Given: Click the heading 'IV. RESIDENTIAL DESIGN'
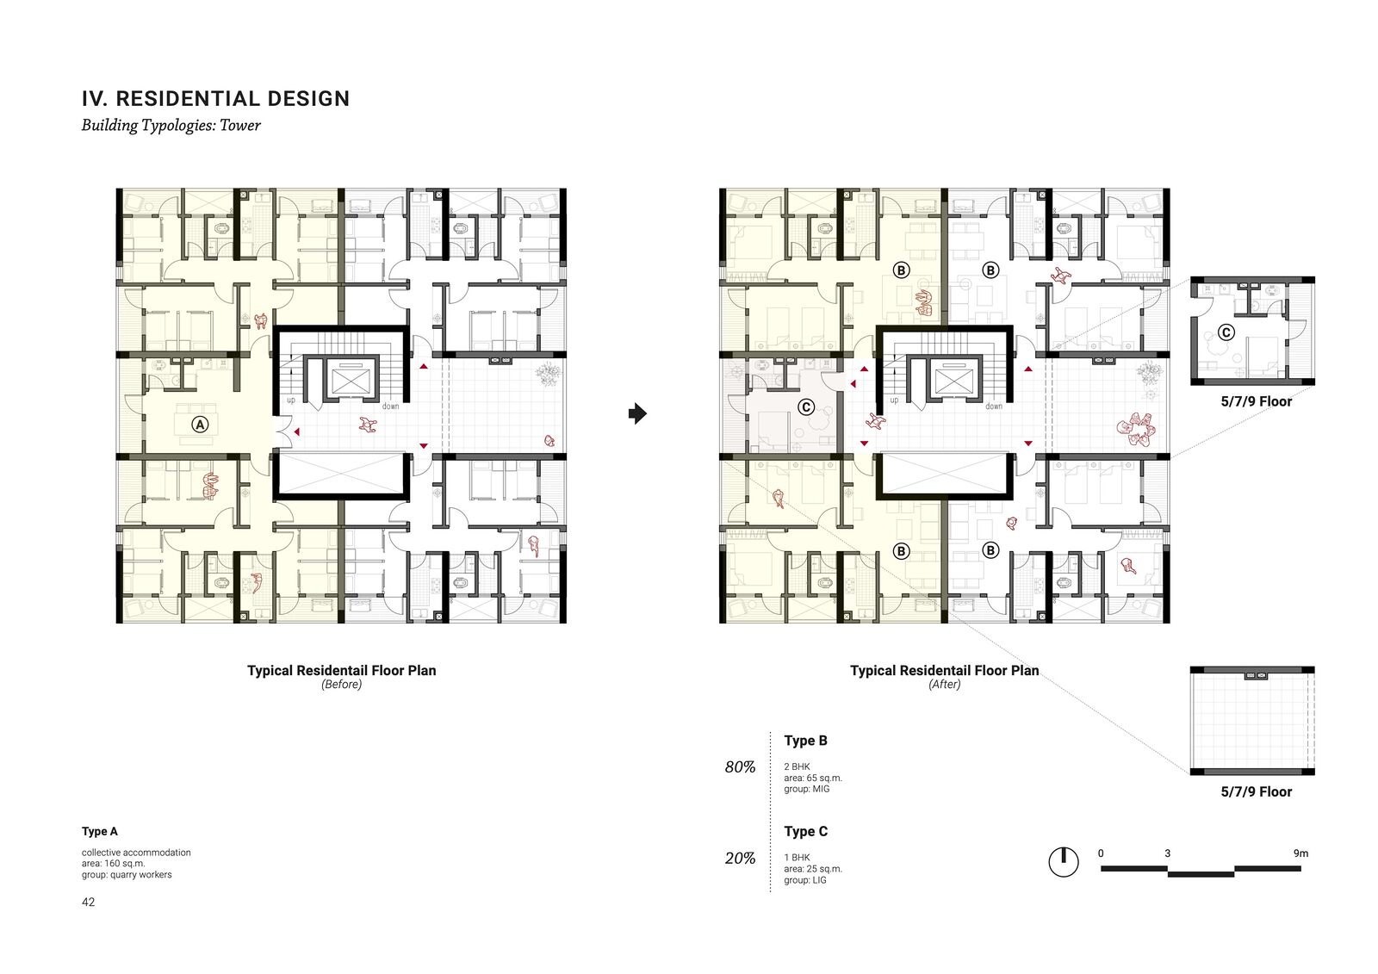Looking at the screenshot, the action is (215, 98).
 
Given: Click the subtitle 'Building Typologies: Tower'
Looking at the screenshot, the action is (171, 126).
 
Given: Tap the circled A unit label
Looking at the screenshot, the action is (200, 424).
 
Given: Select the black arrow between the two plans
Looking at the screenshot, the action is (637, 413).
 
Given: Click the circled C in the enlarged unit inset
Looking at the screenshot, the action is (1226, 332).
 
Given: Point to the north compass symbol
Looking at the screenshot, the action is (1064, 861).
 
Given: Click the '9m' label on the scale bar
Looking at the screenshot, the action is (1301, 853).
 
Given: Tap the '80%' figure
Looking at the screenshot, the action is (740, 767).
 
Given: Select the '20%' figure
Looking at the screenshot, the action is (740, 859).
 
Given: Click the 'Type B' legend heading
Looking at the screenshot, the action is (806, 741).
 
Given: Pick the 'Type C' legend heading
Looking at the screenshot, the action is (806, 832).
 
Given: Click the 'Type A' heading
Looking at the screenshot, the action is (100, 831).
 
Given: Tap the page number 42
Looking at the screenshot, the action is (88, 902).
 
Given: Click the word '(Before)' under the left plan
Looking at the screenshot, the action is (341, 684).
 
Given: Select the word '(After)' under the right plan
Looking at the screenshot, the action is (944, 684).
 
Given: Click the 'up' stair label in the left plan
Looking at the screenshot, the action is (291, 400).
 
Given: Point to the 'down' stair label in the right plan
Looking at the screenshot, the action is (994, 406).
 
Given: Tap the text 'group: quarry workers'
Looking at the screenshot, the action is (127, 875).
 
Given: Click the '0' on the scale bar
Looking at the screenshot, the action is (1101, 853).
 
